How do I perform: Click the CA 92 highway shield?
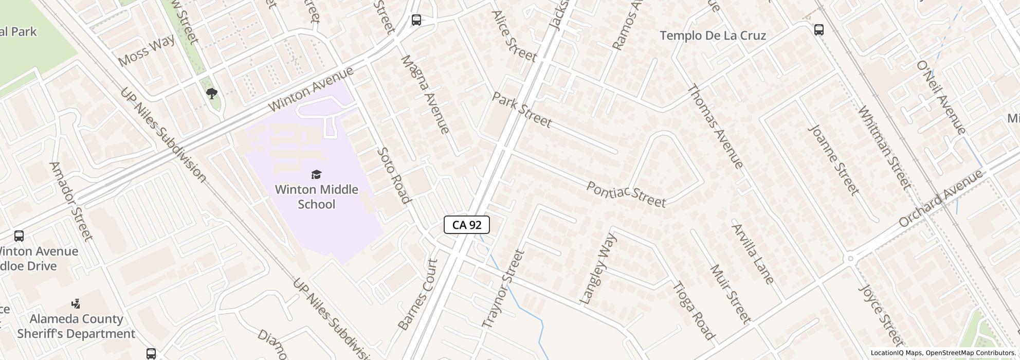pos(466,225)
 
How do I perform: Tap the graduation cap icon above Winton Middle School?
pos(317,175)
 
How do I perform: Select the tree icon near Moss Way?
pos(211,93)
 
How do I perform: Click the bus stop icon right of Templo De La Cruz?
pos(819,30)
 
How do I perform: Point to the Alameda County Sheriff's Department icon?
pos(76,304)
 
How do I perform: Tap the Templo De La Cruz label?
pos(713,35)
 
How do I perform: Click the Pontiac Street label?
pos(626,194)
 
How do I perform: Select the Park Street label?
pos(522,110)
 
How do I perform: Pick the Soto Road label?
pos(394,175)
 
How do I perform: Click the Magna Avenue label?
pos(425,94)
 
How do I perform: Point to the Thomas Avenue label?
pos(715,126)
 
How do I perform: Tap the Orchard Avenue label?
pos(941,199)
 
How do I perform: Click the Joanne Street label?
pos(833,159)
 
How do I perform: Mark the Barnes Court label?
pos(418,295)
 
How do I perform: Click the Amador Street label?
pos(71,201)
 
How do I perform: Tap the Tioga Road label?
pos(694,311)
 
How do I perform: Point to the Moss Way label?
pos(146,51)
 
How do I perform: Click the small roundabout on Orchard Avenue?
pos(850,258)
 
